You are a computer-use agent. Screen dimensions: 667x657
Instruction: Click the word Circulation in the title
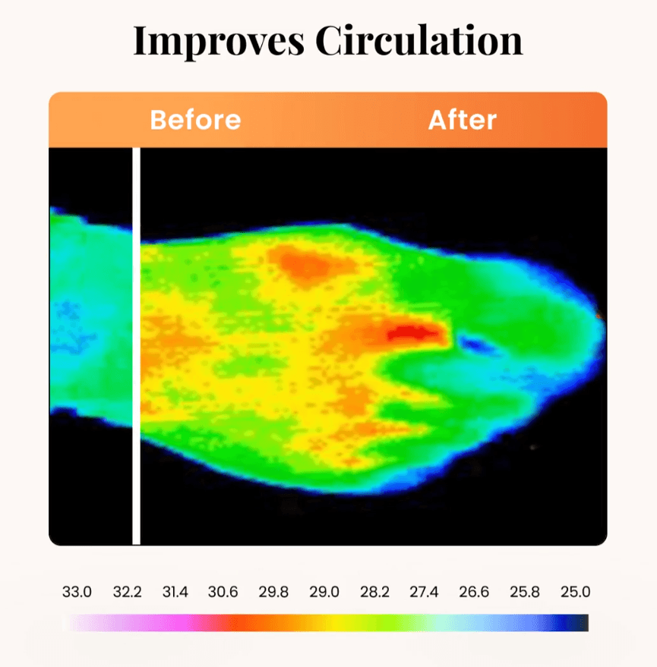click(419, 41)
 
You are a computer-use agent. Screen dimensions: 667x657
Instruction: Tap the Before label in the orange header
click(195, 120)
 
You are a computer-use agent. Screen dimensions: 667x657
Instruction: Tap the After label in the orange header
click(463, 120)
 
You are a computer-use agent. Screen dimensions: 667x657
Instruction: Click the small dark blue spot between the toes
click(476, 345)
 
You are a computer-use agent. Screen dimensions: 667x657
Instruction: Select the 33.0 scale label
click(77, 592)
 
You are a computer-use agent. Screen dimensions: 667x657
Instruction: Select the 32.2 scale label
click(127, 592)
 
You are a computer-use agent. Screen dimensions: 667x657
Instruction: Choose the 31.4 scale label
click(175, 592)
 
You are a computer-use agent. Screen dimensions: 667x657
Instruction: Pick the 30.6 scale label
click(223, 592)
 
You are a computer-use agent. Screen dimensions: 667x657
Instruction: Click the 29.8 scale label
click(273, 592)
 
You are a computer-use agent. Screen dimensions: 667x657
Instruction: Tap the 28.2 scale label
click(374, 592)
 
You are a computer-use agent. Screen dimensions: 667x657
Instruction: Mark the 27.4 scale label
click(423, 592)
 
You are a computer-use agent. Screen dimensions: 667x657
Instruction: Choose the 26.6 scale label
click(473, 592)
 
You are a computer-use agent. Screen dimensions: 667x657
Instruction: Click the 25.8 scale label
click(524, 592)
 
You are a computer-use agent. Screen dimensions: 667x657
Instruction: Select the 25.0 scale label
click(575, 592)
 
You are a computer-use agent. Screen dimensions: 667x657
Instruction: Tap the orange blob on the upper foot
click(308, 264)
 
